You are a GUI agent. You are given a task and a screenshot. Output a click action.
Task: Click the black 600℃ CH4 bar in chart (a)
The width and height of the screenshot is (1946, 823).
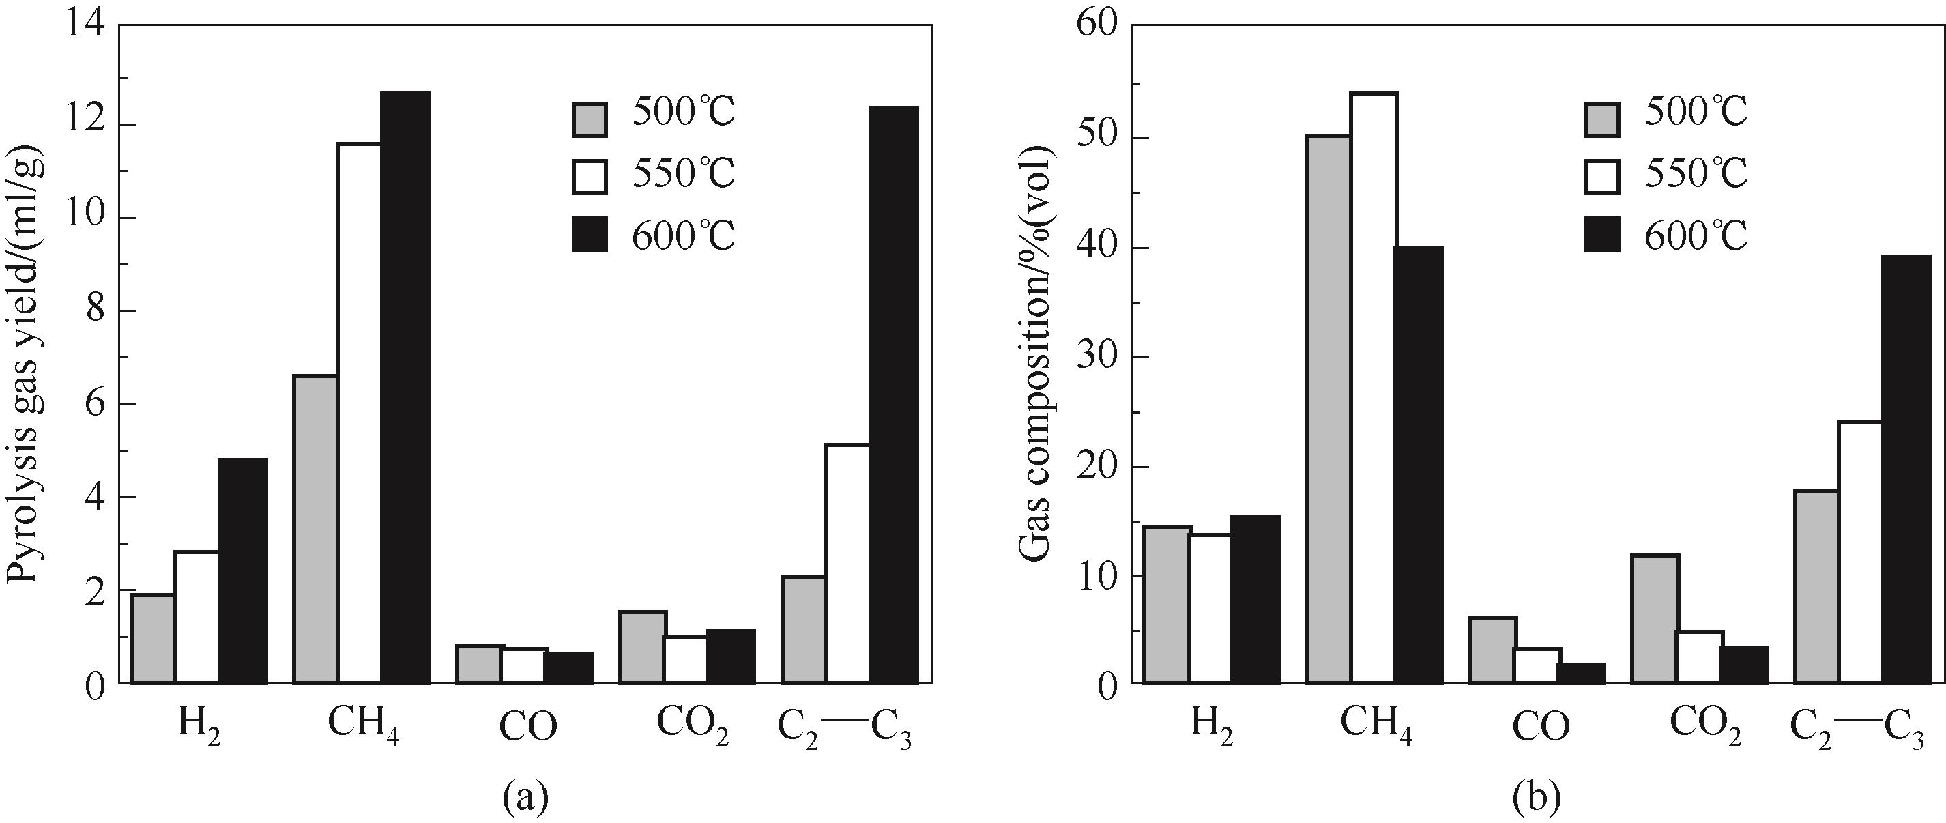coord(405,387)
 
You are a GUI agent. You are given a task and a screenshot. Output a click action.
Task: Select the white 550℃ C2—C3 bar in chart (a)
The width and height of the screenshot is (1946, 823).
coord(847,564)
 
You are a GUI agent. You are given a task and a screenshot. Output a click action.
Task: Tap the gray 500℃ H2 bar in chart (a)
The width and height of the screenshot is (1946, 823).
coord(154,639)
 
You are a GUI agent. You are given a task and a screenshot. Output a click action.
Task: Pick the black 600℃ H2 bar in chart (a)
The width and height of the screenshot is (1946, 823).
coord(242,571)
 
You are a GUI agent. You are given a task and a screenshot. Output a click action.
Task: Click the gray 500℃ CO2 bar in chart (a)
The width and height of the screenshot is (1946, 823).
coord(641,647)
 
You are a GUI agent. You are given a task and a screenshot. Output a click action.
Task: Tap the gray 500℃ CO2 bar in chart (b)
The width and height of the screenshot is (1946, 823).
coord(1655,619)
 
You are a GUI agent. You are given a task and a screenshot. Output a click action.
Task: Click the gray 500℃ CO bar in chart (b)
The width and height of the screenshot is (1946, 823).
coord(1492,650)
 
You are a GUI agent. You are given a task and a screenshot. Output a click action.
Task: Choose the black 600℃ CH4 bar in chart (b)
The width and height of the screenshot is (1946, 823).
coord(1418,464)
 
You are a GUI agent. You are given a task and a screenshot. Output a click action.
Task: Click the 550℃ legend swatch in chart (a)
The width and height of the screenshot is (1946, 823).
coord(590,175)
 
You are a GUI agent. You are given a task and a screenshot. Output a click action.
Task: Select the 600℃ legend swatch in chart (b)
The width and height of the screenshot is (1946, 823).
coord(1602,236)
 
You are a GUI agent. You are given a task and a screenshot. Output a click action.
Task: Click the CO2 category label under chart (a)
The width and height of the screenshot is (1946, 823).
coord(691,727)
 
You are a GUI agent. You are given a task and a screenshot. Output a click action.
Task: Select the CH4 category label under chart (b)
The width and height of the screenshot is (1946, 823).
coord(1376,727)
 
